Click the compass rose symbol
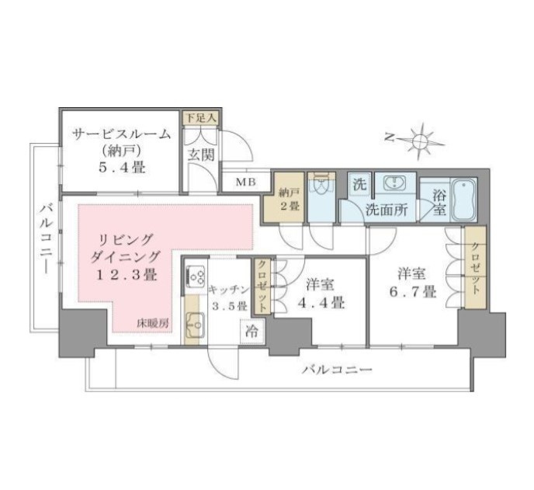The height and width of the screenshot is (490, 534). point(421,140)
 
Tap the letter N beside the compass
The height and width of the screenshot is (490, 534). point(390,137)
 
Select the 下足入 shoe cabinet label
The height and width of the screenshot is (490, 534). point(201,118)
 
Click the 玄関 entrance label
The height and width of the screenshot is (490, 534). point(201,155)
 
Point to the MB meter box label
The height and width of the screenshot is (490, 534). point(245,182)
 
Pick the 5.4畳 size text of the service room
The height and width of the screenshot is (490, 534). point(121,167)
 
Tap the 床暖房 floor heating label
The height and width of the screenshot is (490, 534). point(153,323)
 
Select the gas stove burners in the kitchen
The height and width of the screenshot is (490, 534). point(196,276)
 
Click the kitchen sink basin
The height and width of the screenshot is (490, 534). point(195,325)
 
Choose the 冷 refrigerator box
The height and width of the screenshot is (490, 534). point(252,332)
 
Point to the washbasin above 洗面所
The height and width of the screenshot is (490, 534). point(395,184)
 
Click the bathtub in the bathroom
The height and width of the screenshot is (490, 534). point(463,200)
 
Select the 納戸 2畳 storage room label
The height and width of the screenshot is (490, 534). point(290,199)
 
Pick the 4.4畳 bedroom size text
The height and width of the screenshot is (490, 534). point(321,302)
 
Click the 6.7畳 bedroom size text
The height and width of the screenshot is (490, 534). point(412,292)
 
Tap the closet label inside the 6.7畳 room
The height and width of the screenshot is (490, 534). point(476,269)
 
